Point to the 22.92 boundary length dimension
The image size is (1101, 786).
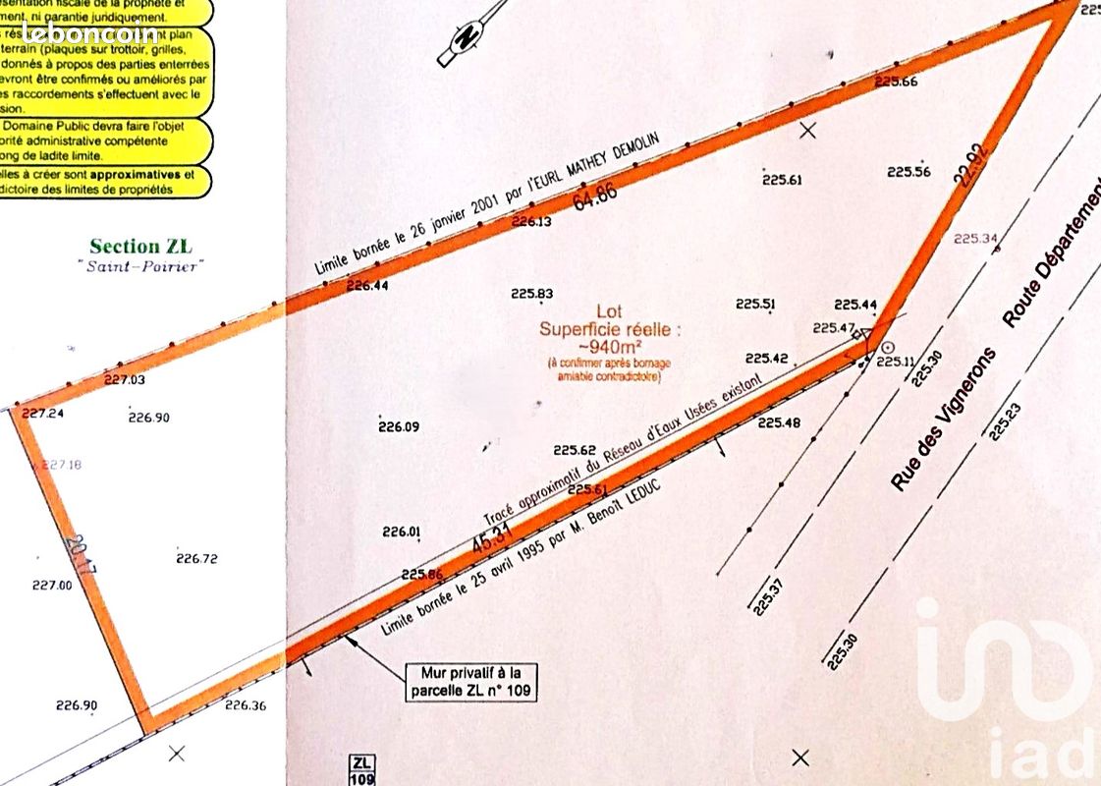pyautogui.click(x=967, y=166)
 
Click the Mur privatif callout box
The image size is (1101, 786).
pyautogui.click(x=471, y=682)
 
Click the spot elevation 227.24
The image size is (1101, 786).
pyautogui.click(x=41, y=414)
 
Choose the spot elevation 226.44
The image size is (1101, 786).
pyautogui.click(x=368, y=286)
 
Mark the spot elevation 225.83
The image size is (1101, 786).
pyautogui.click(x=532, y=294)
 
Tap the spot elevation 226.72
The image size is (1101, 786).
pyautogui.click(x=196, y=559)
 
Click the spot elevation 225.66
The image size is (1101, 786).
pyautogui.click(x=895, y=82)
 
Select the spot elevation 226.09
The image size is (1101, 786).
pyautogui.click(x=399, y=426)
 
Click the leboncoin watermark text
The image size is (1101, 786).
pyautogui.click(x=88, y=32)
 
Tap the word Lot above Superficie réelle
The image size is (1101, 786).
pyautogui.click(x=609, y=311)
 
